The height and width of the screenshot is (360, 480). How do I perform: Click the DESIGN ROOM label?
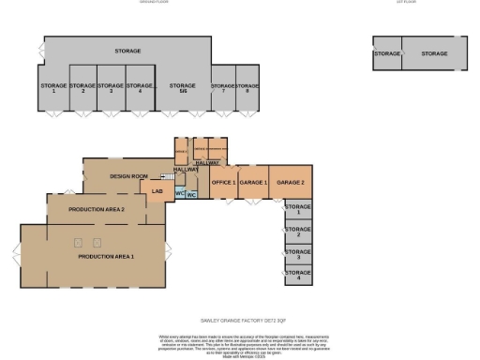click(129, 176)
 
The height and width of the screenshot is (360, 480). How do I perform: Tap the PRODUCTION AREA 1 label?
click(106, 256)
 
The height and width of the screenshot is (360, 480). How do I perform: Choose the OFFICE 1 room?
click(223, 183)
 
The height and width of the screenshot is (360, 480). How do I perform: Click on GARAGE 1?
click(253, 183)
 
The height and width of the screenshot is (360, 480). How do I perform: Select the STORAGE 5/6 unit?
click(182, 87)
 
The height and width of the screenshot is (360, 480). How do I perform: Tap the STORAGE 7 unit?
click(223, 89)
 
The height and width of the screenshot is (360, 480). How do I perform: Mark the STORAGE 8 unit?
click(247, 89)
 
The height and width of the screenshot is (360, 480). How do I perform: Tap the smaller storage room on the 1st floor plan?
click(386, 54)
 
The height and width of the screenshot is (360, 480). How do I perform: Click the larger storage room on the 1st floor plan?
click(434, 54)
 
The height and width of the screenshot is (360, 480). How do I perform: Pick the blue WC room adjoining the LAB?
click(179, 194)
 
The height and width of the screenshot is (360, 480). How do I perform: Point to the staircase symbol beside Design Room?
click(169, 175)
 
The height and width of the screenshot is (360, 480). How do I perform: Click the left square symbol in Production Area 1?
click(78, 243)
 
